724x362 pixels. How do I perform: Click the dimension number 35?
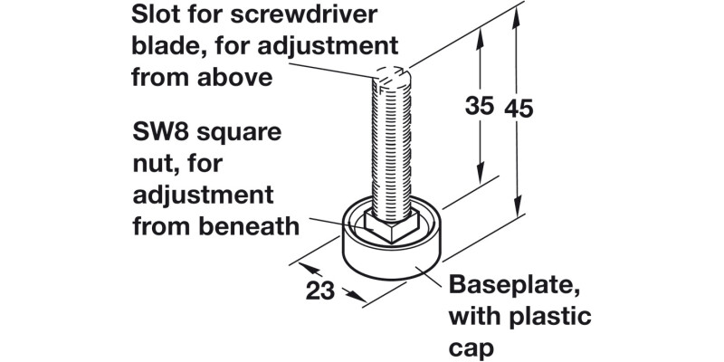click(480, 106)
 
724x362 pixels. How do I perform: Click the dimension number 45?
click(519, 109)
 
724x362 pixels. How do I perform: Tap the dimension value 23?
click(320, 291)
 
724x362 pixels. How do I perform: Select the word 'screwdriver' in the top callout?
click(303, 14)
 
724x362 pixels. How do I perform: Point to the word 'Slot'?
click(154, 14)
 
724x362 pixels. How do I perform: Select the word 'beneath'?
click(250, 227)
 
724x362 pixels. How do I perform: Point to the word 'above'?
click(235, 78)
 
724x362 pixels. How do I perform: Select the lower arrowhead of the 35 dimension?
click(481, 174)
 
